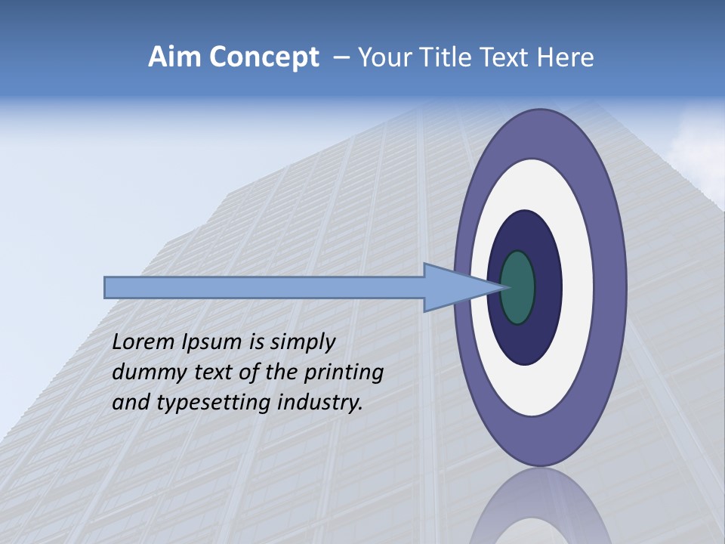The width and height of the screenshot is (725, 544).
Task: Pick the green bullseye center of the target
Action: pyautogui.click(x=518, y=287)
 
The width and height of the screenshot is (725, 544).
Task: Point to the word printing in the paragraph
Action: pyautogui.click(x=343, y=372)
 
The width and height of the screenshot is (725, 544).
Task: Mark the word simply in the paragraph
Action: pyautogui.click(x=301, y=343)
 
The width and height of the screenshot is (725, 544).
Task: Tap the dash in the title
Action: pyautogui.click(x=341, y=58)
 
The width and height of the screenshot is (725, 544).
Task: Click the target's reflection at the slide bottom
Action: pyautogui.click(x=539, y=510)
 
